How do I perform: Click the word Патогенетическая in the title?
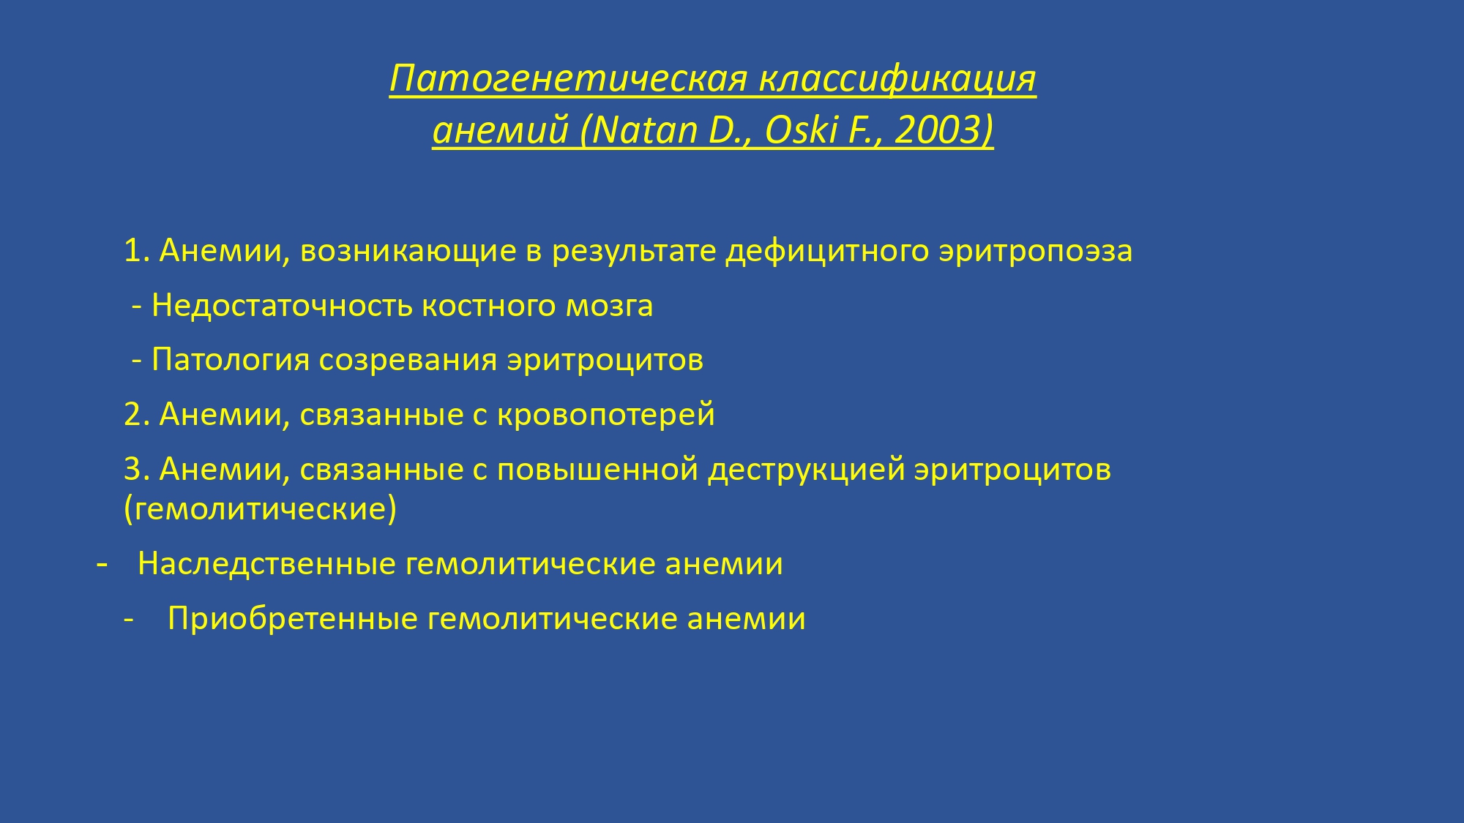pyautogui.click(x=568, y=78)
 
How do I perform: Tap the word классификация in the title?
pyautogui.click(x=897, y=80)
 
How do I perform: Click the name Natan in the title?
pyautogui.click(x=643, y=130)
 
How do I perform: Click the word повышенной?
pyautogui.click(x=597, y=470)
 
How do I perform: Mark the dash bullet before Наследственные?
pyautogui.click(x=102, y=565)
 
